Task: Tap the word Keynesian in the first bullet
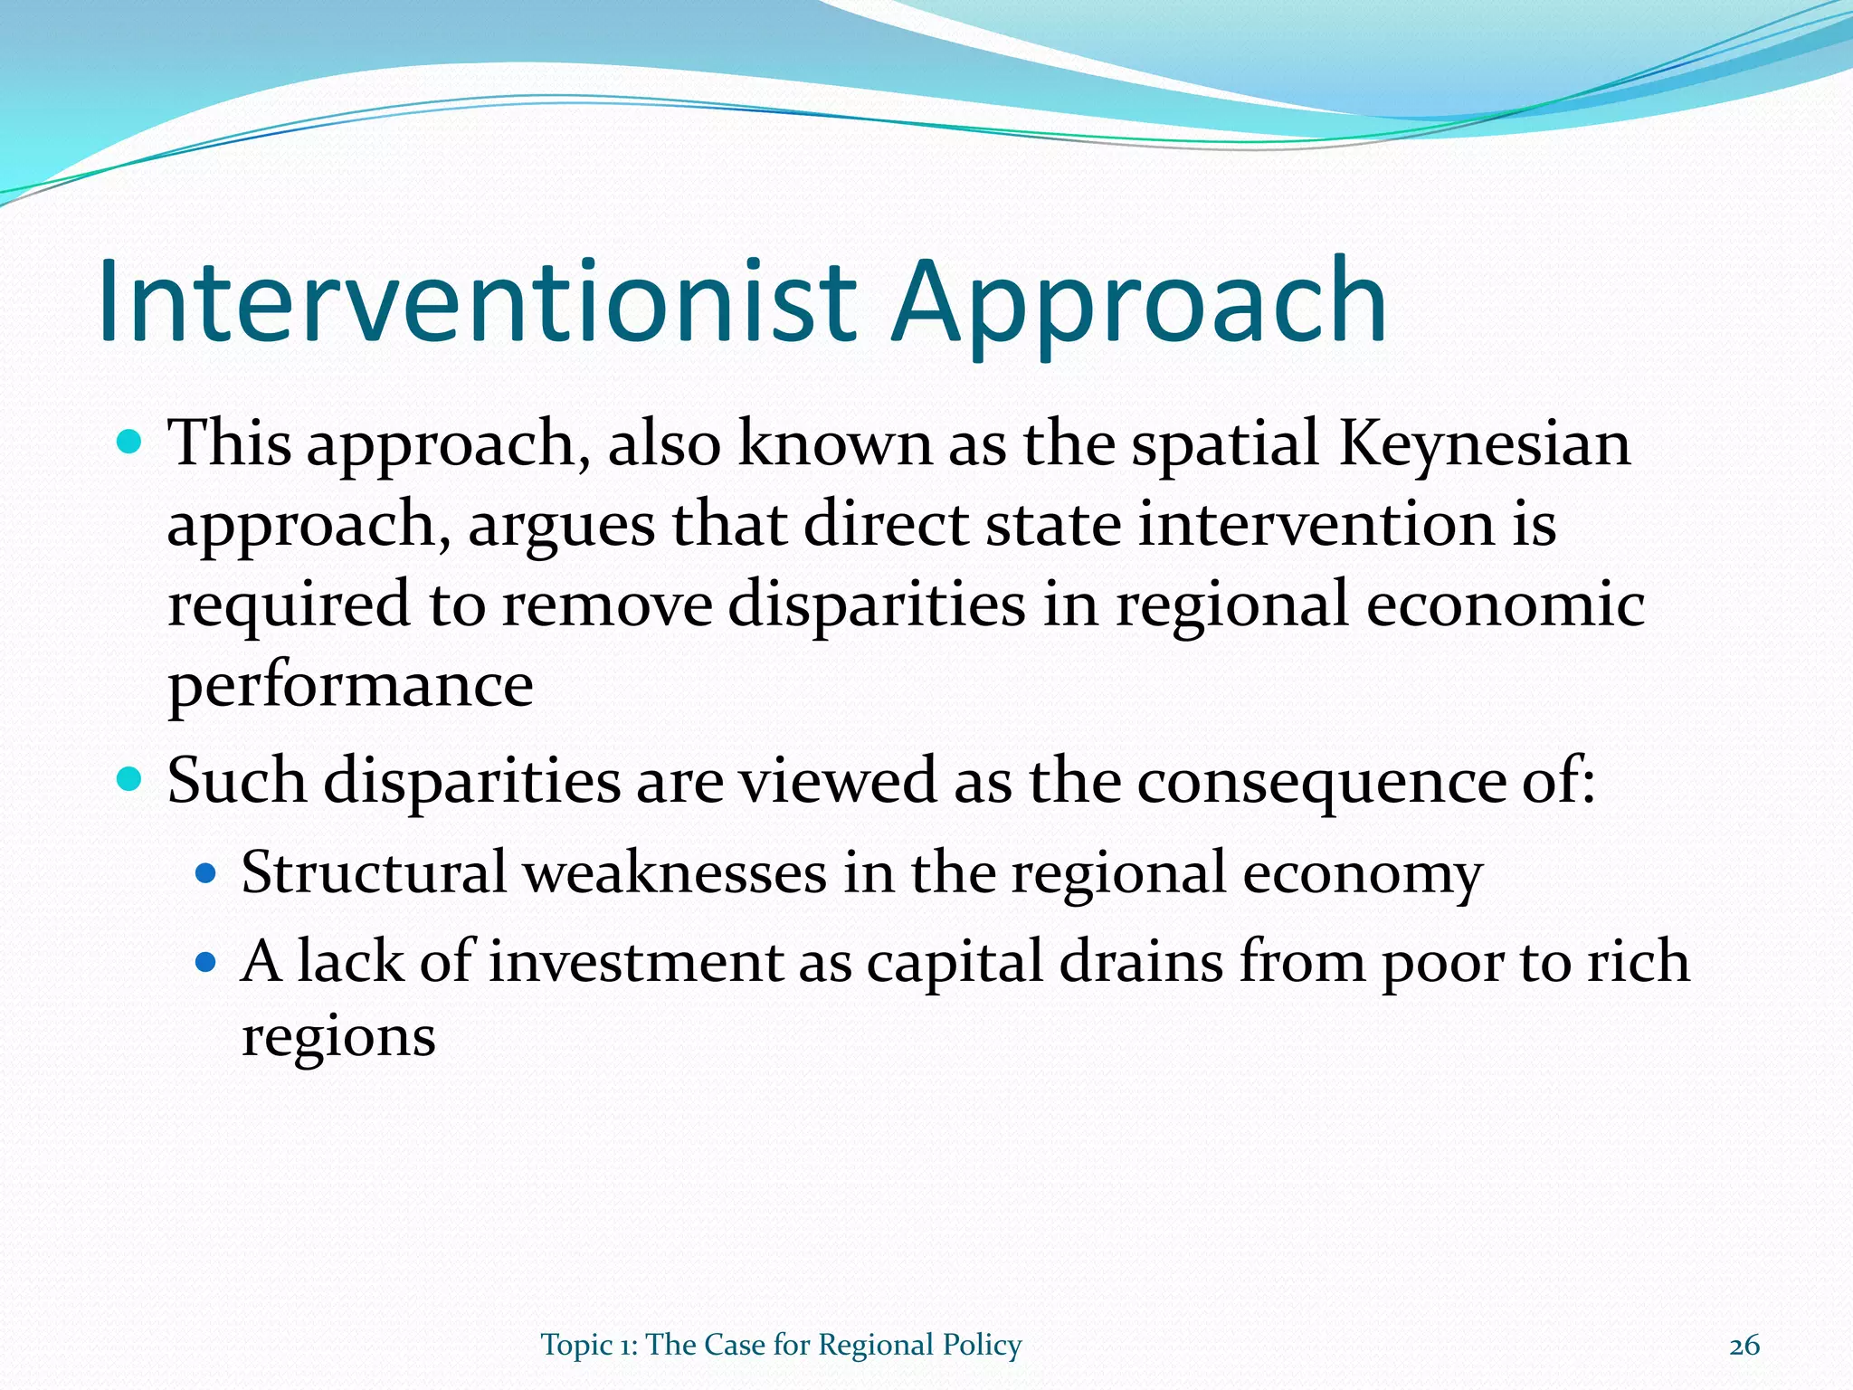(x=1484, y=445)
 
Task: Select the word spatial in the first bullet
(x=1225, y=445)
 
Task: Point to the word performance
(x=350, y=686)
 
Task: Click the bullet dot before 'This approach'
(x=130, y=443)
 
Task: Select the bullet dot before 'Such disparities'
(x=130, y=777)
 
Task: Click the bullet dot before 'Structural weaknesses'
(x=207, y=872)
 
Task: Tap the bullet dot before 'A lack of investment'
(x=207, y=961)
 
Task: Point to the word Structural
(x=374, y=873)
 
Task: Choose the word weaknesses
(x=675, y=873)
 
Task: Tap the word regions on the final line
(x=338, y=1037)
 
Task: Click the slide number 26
(x=1744, y=1346)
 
